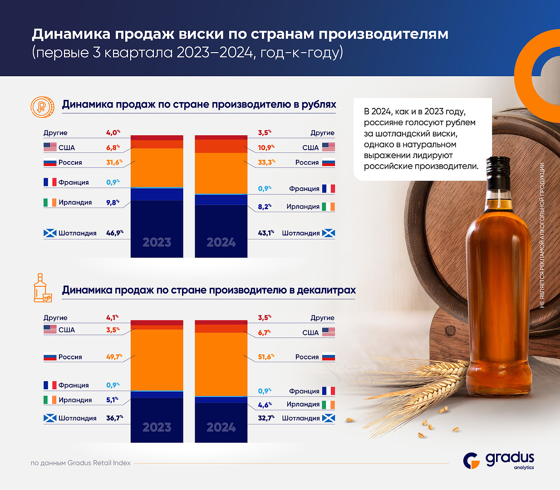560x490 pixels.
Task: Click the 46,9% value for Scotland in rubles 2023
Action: [x=114, y=233]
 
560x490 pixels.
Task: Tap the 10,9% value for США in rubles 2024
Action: [x=265, y=147]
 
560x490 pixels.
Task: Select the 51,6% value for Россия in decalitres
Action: [x=265, y=357]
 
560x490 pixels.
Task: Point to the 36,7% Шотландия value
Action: [x=114, y=418]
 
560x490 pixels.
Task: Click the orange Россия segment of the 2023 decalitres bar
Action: [x=157, y=359]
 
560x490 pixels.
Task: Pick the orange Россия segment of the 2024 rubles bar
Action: [x=221, y=173]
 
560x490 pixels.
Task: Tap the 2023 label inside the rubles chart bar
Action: [x=157, y=242]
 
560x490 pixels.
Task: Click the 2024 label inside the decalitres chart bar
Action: [x=221, y=427]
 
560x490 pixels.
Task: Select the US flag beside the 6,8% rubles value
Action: [x=50, y=147]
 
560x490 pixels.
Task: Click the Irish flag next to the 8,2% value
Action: [x=329, y=206]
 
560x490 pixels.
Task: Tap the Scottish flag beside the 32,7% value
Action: [x=329, y=418]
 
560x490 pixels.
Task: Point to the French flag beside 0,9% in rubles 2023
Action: [x=50, y=182]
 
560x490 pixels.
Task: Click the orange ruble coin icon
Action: [x=42, y=107]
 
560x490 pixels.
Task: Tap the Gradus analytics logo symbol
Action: [x=472, y=461]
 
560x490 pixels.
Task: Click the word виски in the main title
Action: [x=201, y=34]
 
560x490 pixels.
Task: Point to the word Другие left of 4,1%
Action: [x=55, y=318]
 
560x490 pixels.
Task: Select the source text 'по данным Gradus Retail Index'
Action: [x=81, y=463]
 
